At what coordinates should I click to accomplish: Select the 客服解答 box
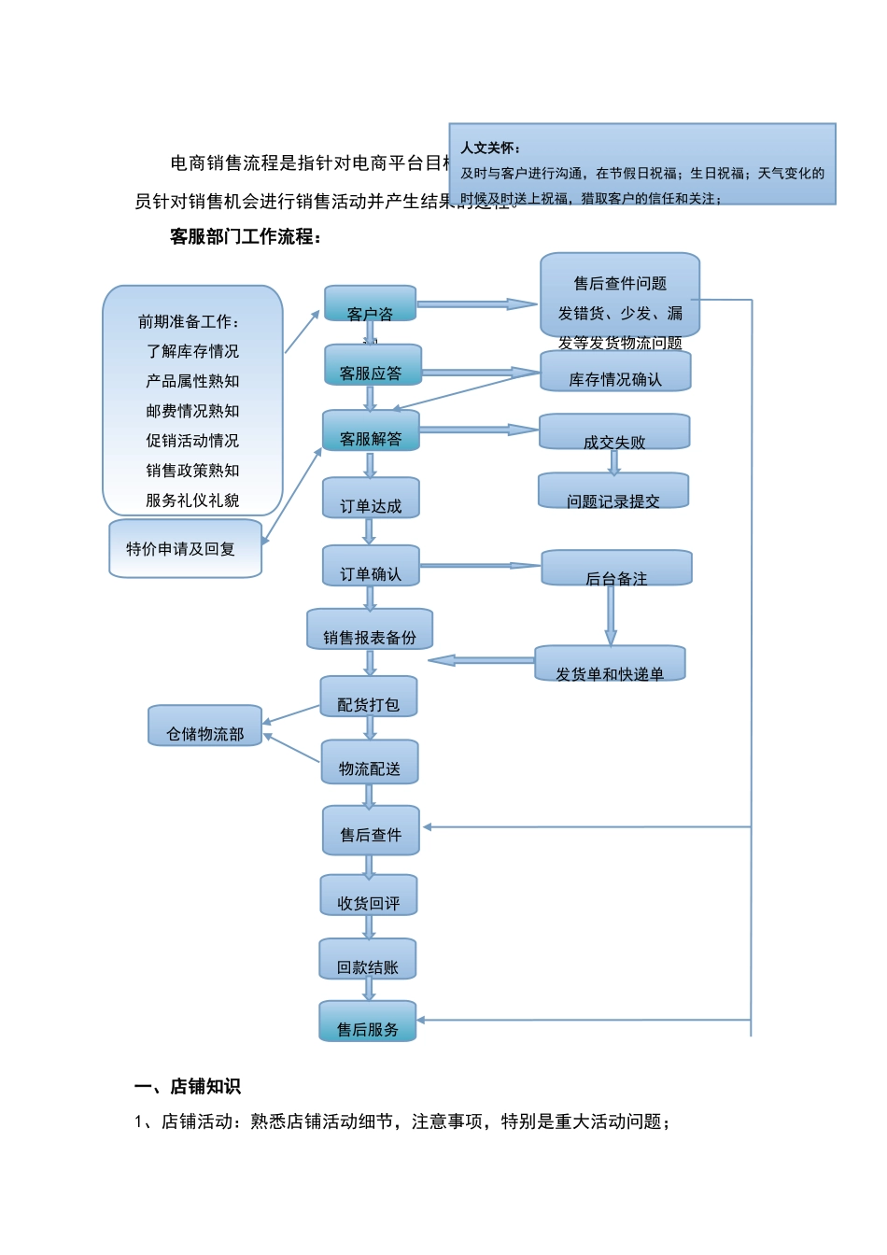tap(371, 431)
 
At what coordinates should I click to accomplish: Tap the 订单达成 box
tap(371, 499)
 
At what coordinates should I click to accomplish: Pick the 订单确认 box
tap(371, 567)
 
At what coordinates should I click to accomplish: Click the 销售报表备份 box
tap(370, 630)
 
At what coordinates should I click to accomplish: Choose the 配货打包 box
tap(369, 698)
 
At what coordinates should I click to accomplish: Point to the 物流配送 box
tap(370, 763)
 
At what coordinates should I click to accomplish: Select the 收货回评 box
tap(369, 896)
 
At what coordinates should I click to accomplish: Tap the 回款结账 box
tap(368, 960)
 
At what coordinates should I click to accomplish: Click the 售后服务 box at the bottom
tap(368, 1022)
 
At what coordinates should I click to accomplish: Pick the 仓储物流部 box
tap(205, 726)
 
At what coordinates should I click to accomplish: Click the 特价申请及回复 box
tap(185, 549)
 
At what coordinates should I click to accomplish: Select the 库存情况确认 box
tap(615, 372)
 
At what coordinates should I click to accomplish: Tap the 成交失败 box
tap(614, 432)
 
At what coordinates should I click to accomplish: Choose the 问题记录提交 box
tap(613, 492)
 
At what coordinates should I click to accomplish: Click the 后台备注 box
tap(616, 569)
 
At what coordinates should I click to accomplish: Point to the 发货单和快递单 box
tap(610, 664)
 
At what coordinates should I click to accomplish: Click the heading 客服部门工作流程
tap(246, 237)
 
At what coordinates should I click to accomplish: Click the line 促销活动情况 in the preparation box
tap(192, 441)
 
